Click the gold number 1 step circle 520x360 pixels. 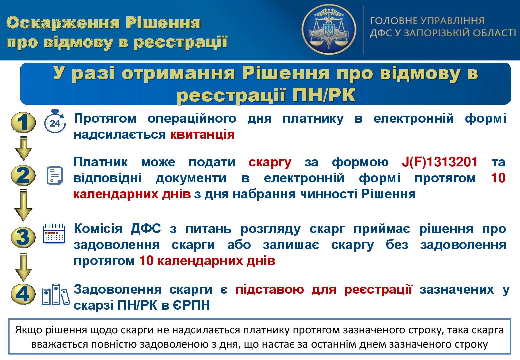pos(23,122)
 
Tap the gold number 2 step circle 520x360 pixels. pos(23,175)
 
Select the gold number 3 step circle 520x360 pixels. pos(23,237)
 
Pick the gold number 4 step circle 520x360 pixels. pos(23,294)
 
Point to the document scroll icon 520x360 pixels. pos(55,175)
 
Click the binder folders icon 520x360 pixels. pos(56,294)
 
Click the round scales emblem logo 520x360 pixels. pos(329,29)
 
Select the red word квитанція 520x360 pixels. pos(202,134)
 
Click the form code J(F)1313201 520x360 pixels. pos(439,162)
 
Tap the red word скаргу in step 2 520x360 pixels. pos(270,162)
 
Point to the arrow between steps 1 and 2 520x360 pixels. pos(23,149)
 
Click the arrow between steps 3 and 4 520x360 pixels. pos(23,267)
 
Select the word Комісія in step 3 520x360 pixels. pos(98,229)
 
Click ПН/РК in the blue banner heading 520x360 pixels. pos(324,95)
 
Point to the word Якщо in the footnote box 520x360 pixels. pos(29,331)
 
